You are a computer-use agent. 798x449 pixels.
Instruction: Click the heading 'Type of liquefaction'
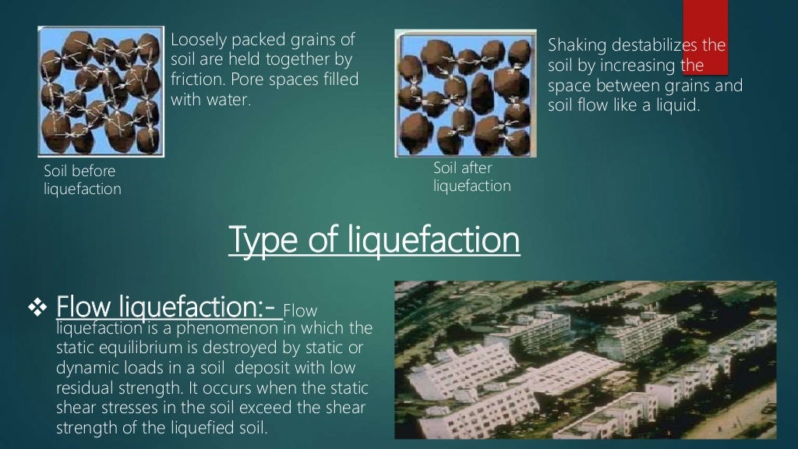coord(374,239)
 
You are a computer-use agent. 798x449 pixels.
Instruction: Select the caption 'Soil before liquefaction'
coord(83,179)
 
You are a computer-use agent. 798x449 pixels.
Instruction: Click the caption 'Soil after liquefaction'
coord(471,177)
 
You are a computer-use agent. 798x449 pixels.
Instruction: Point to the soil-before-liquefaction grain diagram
coord(101,91)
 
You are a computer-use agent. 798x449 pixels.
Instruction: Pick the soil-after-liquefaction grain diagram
coord(465,93)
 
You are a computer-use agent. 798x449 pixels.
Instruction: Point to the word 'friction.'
coord(196,80)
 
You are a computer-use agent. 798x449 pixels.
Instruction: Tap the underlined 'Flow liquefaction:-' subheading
coord(168,307)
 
